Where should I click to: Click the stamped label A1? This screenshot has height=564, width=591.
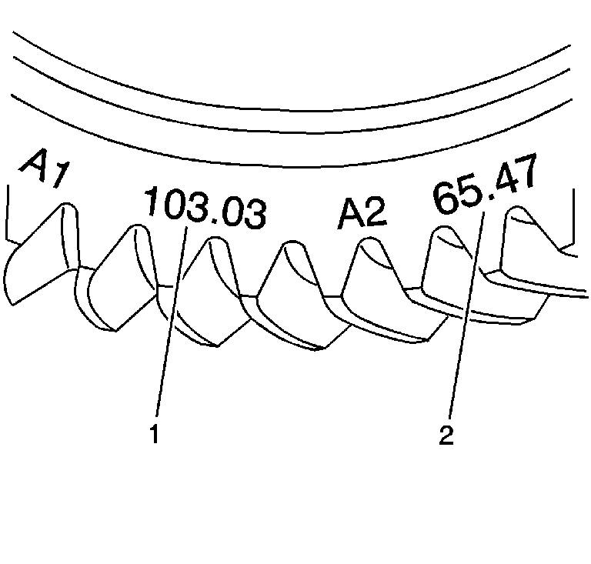coord(45,167)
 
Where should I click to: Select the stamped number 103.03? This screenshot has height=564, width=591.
coord(205,208)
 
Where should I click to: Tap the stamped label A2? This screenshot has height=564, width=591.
coord(362,213)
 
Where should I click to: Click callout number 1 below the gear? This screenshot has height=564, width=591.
coord(155,434)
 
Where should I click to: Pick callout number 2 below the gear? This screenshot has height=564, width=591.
coord(446,435)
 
